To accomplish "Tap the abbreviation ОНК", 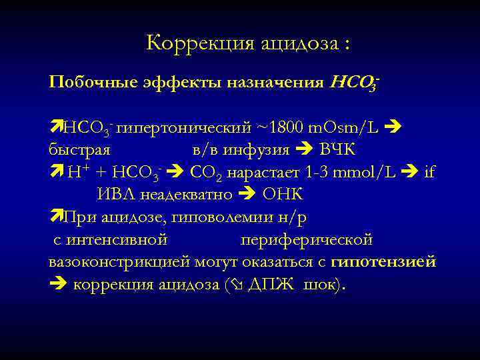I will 283,195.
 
